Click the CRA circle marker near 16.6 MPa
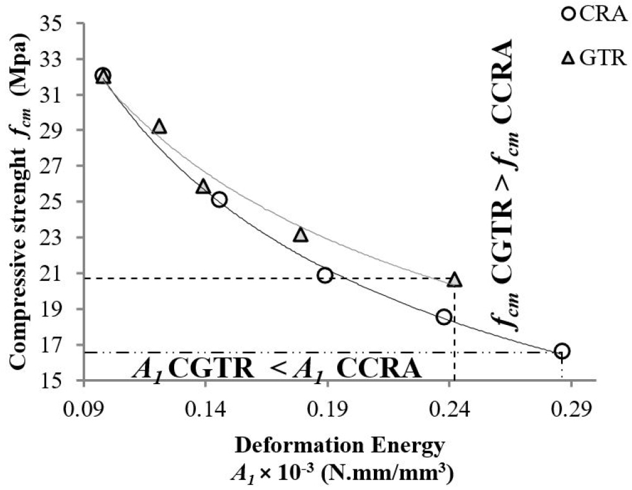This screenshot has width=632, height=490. (562, 351)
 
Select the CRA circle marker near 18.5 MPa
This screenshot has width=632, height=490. (444, 317)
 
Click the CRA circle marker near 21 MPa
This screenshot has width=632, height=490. (324, 275)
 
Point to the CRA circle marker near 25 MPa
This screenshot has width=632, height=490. (219, 200)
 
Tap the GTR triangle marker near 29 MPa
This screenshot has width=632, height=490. (159, 127)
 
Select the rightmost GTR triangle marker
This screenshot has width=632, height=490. (455, 280)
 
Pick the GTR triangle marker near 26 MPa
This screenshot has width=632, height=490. (203, 186)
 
